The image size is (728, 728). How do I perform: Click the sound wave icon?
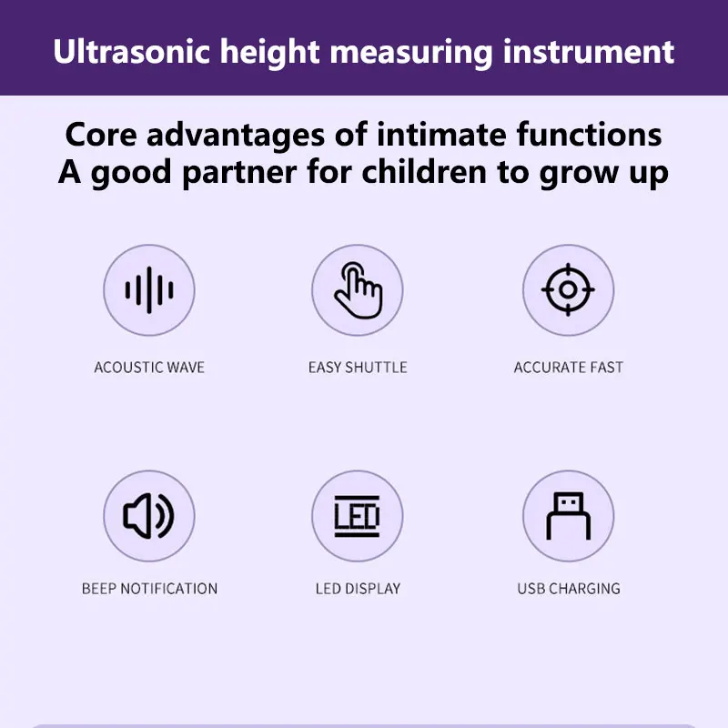149,290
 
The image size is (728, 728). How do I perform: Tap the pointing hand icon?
359,290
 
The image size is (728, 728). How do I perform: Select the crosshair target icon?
568,289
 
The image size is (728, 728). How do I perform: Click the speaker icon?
148,516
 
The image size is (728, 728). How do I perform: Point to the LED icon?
357,516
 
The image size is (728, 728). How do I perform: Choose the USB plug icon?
568,516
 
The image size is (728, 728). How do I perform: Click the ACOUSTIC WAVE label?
149,368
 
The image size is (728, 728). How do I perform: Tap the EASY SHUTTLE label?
358,368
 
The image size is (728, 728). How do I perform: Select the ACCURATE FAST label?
568,368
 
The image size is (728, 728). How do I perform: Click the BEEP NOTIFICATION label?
149,588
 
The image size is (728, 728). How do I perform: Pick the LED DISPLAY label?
358,588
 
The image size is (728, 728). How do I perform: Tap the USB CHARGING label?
569,588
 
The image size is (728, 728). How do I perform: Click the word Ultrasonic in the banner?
132,51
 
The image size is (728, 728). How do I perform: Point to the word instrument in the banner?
588,51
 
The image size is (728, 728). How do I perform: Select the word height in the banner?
269,53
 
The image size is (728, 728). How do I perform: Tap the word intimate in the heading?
441,135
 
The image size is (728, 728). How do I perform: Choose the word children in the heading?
425,172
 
